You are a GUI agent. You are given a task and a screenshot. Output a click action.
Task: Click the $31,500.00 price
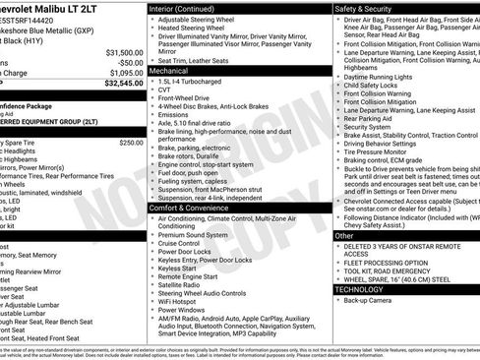(122, 52)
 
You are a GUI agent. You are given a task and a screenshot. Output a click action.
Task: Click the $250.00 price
(132, 143)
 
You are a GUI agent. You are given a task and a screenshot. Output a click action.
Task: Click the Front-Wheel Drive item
(185, 100)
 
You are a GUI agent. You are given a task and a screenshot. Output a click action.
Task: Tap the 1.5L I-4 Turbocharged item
(193, 82)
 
